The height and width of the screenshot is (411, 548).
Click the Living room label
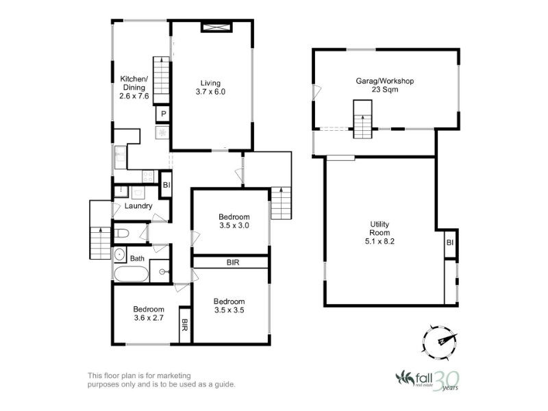click(210, 83)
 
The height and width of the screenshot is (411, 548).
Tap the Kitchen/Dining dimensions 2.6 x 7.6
click(134, 96)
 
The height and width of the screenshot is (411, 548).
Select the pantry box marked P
click(163, 114)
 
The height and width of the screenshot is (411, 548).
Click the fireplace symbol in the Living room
click(216, 27)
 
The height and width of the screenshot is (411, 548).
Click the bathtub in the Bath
click(132, 274)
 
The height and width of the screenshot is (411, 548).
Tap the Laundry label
click(138, 206)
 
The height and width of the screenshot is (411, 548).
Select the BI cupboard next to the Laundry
click(166, 184)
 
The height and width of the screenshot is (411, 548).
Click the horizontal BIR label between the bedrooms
click(233, 262)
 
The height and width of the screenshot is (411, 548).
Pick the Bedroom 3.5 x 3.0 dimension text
click(234, 225)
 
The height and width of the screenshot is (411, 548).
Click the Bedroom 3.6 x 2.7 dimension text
click(149, 318)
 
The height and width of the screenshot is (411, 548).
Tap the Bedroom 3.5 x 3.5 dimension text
click(229, 310)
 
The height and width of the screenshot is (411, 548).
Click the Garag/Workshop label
click(385, 81)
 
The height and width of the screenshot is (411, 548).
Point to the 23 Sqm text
click(385, 90)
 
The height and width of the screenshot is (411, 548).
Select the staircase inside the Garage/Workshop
click(362, 119)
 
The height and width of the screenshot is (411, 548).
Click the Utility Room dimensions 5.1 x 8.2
click(379, 241)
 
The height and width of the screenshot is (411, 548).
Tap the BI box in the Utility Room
click(450, 242)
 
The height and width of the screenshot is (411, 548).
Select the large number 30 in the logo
click(446, 380)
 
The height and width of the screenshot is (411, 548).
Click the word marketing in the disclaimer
click(174, 375)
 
